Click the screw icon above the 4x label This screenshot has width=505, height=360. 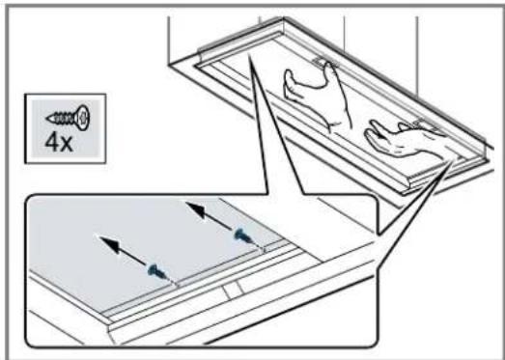coord(68,118)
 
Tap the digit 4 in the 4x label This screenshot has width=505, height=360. coord(51,143)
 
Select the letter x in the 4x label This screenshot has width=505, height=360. coord(67,145)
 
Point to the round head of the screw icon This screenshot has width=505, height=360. coord(82,118)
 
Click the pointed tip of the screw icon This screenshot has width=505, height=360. coord(48,119)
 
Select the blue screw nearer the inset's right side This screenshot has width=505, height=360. coord(244,235)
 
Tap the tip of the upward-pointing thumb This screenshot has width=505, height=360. coord(329,65)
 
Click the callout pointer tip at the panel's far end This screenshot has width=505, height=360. coord(249,55)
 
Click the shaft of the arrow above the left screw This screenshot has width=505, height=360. coord(130,256)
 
